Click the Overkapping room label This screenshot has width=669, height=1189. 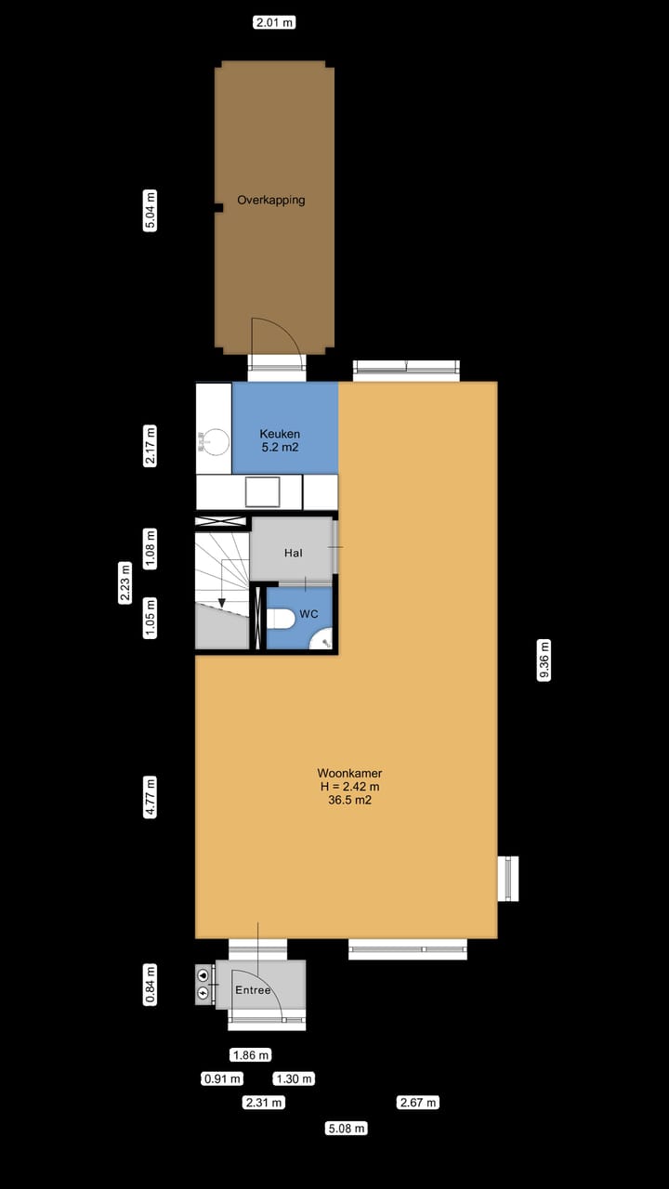270,200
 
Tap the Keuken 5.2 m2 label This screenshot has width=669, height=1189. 280,440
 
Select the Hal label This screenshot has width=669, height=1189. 294,553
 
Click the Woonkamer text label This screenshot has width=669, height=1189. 349,773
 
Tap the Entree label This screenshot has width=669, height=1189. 253,990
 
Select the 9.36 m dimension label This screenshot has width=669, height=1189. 544,660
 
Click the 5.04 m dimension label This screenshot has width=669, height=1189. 151,211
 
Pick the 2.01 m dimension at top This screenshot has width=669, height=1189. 274,22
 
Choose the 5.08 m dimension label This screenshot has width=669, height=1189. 346,1129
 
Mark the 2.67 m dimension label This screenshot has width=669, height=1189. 417,1103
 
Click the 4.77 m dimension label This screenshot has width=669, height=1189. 151,798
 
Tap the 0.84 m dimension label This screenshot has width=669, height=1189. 151,985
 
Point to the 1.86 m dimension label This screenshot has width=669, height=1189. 250,1055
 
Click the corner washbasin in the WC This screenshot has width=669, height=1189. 322,640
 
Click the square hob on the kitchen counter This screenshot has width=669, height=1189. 262,490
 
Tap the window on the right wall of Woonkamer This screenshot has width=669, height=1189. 507,878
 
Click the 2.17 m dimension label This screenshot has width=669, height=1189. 151,446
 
